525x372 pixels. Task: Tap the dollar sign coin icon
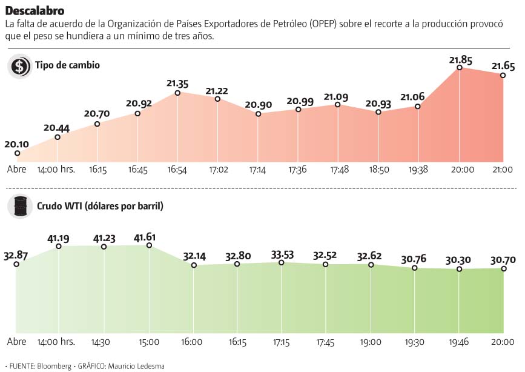19,66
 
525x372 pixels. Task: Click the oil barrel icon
19,207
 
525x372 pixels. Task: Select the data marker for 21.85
460,68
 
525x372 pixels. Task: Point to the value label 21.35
177,83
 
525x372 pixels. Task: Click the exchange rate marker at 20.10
17,154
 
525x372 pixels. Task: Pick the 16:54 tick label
177,170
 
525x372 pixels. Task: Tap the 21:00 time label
503,170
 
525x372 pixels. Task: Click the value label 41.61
149,236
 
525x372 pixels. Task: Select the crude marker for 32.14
194,265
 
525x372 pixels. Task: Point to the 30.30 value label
460,259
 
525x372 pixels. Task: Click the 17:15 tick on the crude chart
282,342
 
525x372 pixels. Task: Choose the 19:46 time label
460,342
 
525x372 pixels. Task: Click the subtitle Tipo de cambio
67,65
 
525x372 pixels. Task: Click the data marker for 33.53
282,262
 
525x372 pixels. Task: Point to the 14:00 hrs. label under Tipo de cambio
56,170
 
